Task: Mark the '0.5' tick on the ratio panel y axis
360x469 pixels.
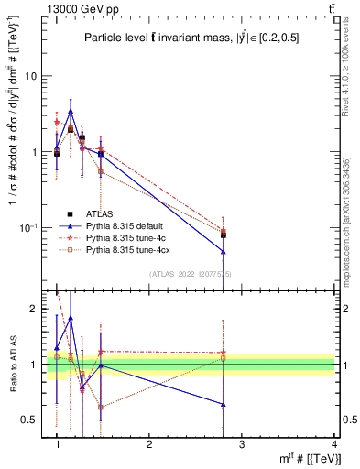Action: click(x=32, y=420)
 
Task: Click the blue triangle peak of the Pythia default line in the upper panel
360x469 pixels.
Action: click(x=71, y=112)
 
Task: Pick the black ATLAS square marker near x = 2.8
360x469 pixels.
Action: click(x=224, y=235)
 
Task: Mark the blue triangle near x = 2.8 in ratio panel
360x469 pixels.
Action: click(x=224, y=404)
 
